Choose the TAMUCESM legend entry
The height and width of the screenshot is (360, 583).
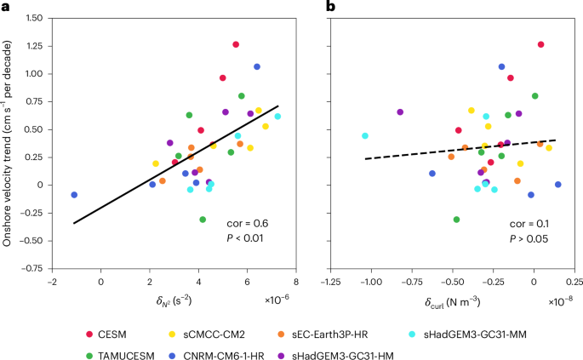coord(133,344)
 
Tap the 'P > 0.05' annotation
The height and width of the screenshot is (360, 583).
coord(527,239)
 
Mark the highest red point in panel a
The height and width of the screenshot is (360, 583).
coord(236,44)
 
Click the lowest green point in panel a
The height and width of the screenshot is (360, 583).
coord(203,220)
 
